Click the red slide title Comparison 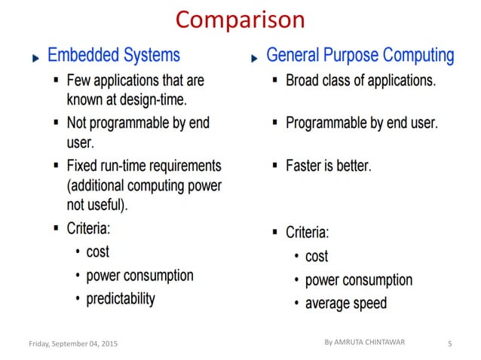point(240,19)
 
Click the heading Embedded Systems point(114,55)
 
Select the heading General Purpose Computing point(360,55)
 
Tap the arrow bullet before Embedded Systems point(35,58)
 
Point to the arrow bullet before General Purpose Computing point(254,58)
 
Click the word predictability point(121,298)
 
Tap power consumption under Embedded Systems point(139,275)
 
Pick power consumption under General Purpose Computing point(358,280)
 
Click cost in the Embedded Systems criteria point(97,252)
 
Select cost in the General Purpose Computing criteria point(317,257)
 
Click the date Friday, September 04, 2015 point(73,344)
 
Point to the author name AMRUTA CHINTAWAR point(370,342)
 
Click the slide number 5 point(449,344)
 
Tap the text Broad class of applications point(360,81)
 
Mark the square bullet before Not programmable point(57,122)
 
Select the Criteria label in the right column point(307,232)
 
